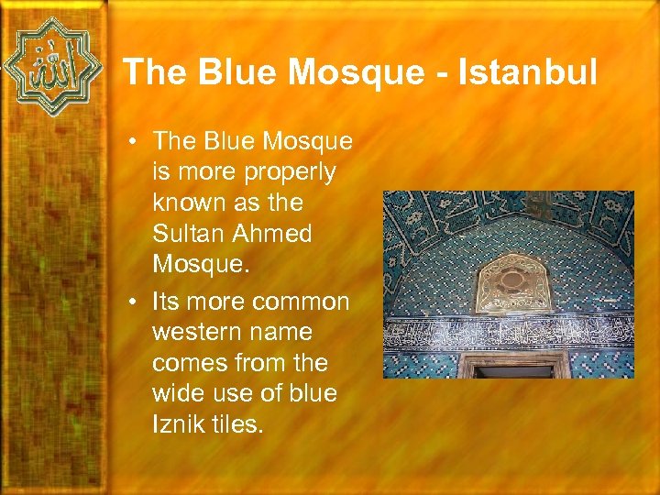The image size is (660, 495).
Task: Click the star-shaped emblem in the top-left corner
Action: pos(51,66)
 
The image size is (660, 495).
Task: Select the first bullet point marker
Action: pos(134,141)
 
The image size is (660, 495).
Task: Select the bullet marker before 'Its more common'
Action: pos(134,302)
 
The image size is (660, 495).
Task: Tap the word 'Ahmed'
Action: pos(274,234)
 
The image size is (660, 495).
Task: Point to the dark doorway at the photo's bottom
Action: pos(513,371)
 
